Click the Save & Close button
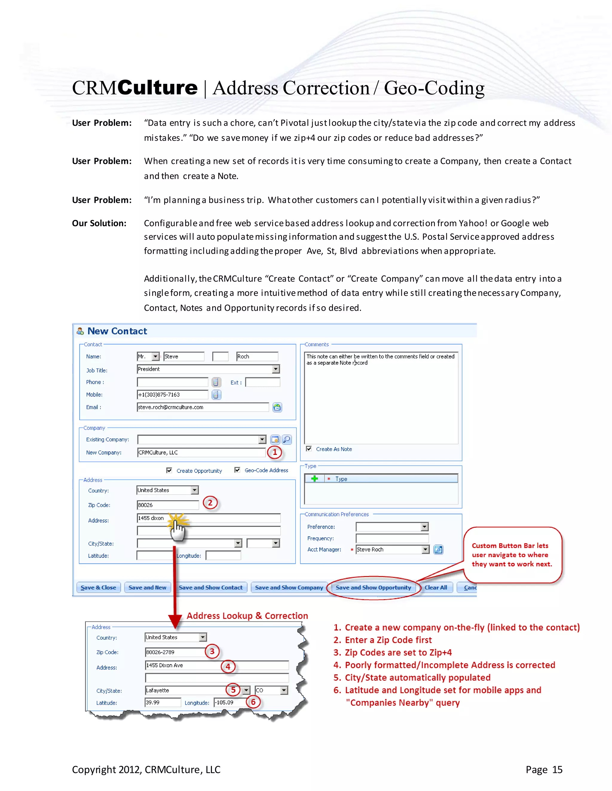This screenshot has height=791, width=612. [x=98, y=587]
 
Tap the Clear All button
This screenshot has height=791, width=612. [x=436, y=587]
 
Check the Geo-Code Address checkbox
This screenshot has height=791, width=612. [x=237, y=470]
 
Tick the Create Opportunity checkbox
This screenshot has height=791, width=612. [x=169, y=470]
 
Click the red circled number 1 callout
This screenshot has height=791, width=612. [x=274, y=452]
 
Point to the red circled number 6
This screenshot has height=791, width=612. [x=253, y=702]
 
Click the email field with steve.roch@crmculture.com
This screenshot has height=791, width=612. [x=203, y=407]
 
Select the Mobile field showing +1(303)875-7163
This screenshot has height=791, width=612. [x=172, y=394]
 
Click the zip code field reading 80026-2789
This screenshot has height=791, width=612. [x=175, y=652]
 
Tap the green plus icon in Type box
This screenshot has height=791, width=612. [x=314, y=478]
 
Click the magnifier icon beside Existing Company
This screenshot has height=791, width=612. [x=286, y=439]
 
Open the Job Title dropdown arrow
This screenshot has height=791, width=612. [x=276, y=369]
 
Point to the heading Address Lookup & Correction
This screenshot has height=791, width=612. [x=247, y=616]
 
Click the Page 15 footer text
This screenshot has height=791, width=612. [x=544, y=769]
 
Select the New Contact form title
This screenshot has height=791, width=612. [x=117, y=331]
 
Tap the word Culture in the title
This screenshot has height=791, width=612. [x=157, y=88]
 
